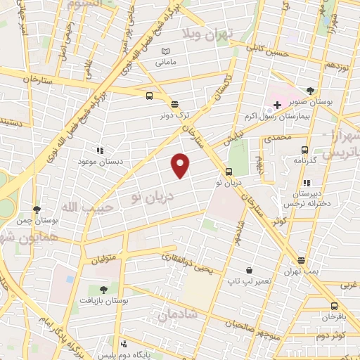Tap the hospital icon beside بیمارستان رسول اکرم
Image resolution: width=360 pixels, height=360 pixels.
277,105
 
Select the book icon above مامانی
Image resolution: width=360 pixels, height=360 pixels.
166,51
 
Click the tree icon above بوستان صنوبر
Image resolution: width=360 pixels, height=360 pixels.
311,91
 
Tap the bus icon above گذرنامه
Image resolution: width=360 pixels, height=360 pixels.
304,149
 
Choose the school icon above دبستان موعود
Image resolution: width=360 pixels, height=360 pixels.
100,150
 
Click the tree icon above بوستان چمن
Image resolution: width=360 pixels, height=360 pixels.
37,210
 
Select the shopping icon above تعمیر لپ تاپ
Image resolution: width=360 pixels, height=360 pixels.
249,271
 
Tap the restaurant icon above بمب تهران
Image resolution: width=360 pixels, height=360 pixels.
301,260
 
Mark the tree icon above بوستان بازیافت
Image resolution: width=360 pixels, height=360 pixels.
104,289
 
